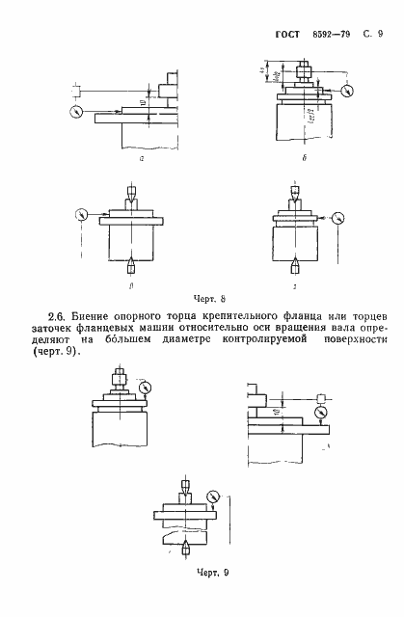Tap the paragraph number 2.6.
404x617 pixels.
click(59, 315)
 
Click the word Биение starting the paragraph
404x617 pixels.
click(95, 315)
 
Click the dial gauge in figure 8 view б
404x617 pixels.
click(346, 93)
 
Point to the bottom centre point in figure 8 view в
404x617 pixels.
click(129, 262)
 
